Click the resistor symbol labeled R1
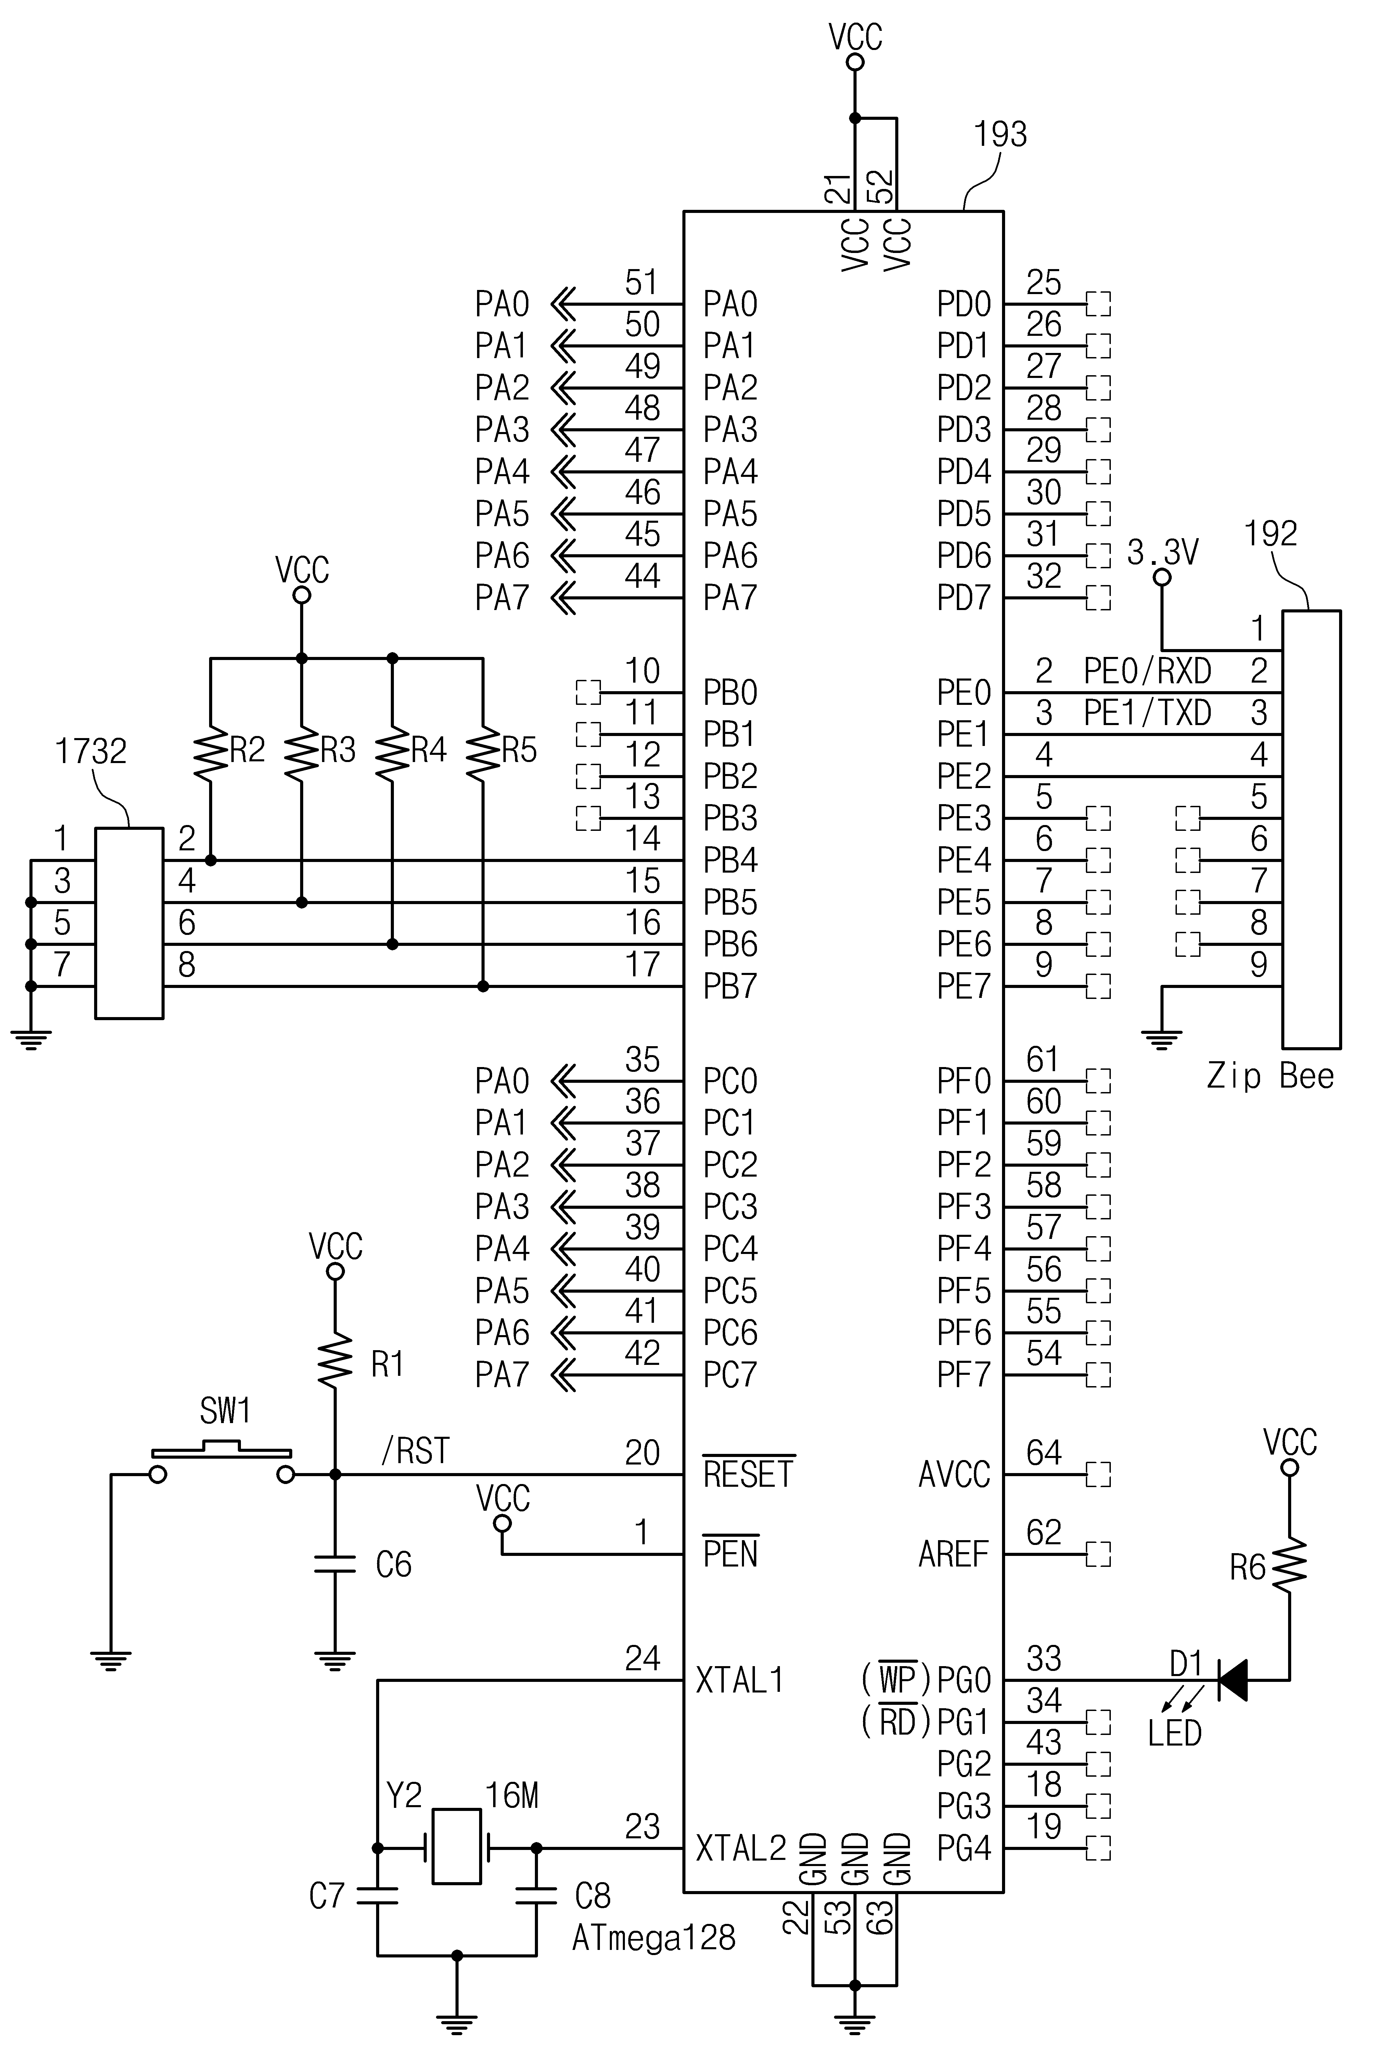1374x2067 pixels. (x=335, y=1360)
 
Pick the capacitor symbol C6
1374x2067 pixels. (x=335, y=1564)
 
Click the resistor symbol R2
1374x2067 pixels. (x=210, y=750)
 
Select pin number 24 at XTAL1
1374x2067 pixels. (x=642, y=1659)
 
